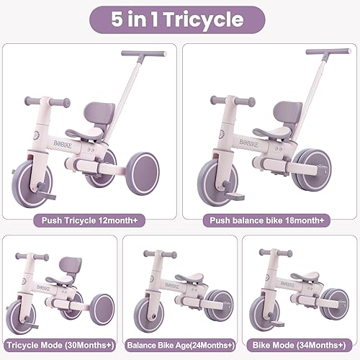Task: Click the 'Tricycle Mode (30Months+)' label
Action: [60, 343]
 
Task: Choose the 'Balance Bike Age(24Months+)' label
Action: [180, 343]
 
